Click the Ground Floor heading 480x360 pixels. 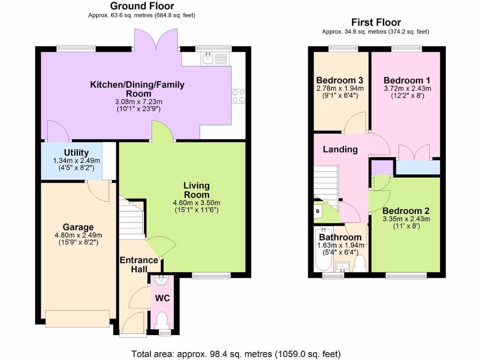pyautogui.click(x=142, y=6)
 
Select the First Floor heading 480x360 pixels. pyautogui.click(x=376, y=22)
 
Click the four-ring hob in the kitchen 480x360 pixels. pyautogui.click(x=238, y=96)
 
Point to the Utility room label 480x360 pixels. pyautogui.click(x=76, y=153)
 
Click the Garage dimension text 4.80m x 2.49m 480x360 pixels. pyautogui.click(x=78, y=235)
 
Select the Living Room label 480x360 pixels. pyautogui.click(x=196, y=190)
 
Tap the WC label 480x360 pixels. pyautogui.click(x=162, y=298)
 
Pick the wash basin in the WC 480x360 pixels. pyautogui.click(x=162, y=280)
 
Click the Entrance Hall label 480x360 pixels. pyautogui.click(x=138, y=264)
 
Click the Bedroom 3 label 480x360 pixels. pyautogui.click(x=340, y=80)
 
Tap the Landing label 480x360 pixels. pyautogui.click(x=340, y=150)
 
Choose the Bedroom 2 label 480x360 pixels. pyautogui.click(x=406, y=211)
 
